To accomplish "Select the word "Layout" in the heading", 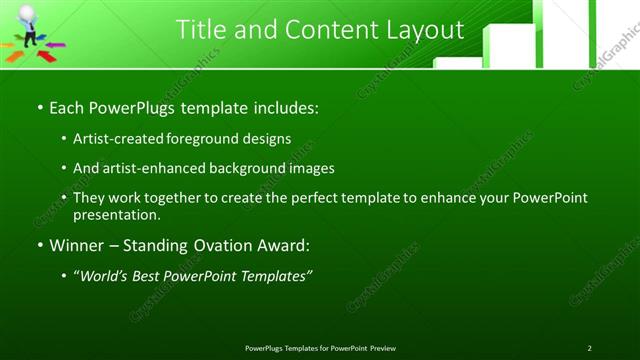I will [x=420, y=30].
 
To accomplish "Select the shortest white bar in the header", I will [x=458, y=62].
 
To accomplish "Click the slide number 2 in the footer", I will [x=590, y=348].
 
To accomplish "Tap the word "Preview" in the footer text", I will [x=382, y=348].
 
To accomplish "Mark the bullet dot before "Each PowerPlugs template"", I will [x=39, y=107].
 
